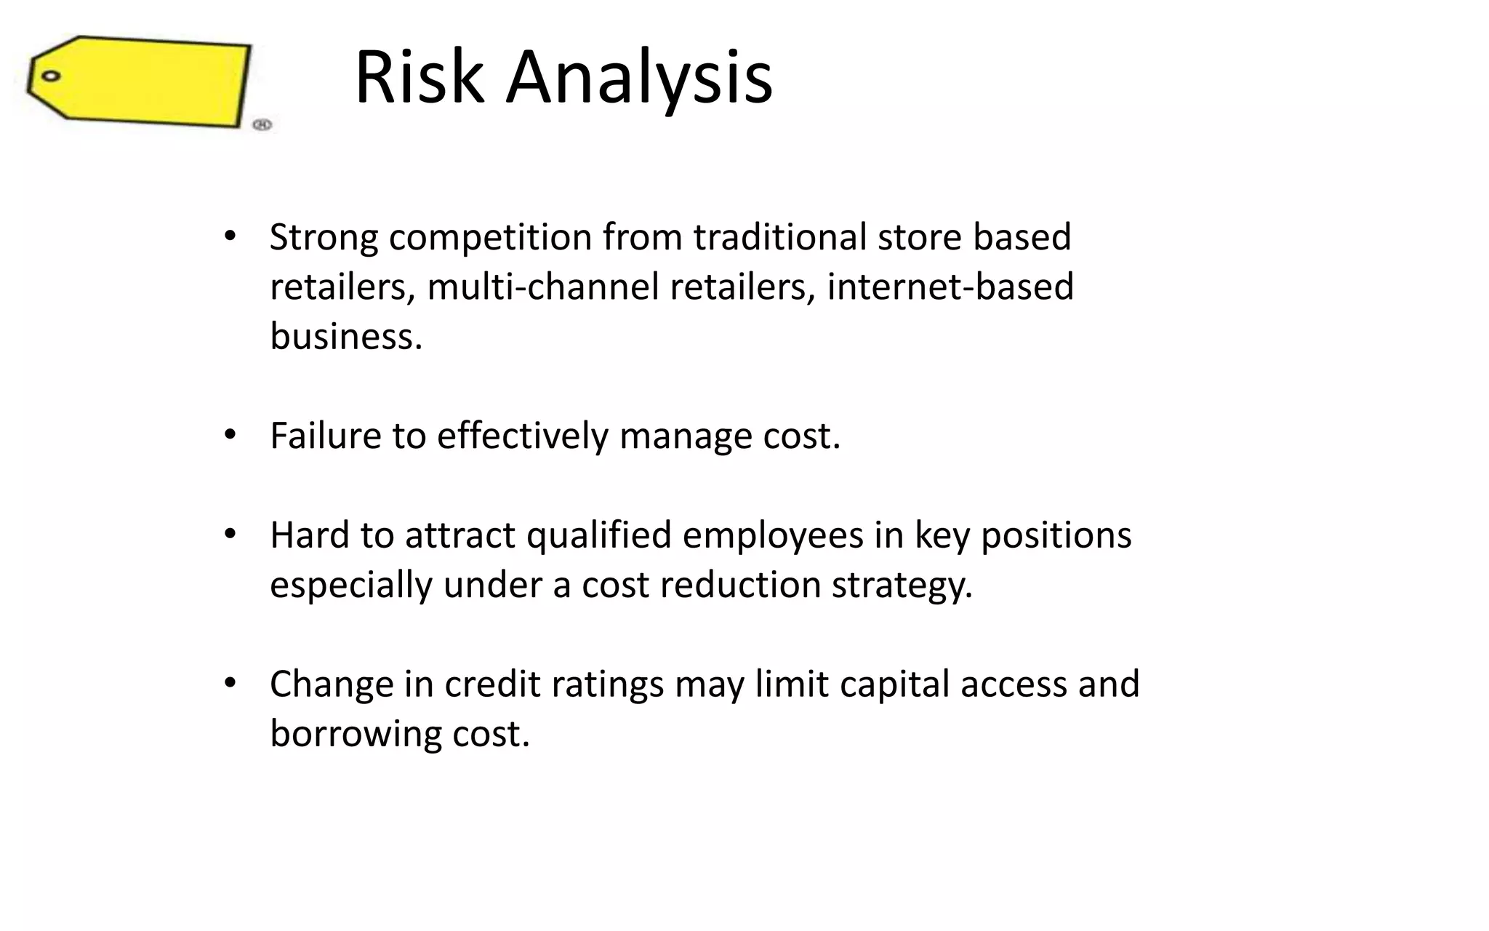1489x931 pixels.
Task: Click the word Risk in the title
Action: click(x=419, y=77)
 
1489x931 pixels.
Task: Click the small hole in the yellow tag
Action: click(x=50, y=76)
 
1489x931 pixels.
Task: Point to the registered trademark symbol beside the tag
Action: click(x=262, y=124)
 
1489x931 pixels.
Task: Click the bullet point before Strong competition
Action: click(x=230, y=236)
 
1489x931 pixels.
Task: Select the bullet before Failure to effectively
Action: click(x=230, y=434)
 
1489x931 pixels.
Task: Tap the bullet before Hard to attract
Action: click(x=230, y=534)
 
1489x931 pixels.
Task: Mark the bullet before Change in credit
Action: click(x=230, y=683)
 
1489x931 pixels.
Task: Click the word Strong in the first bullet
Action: click(x=324, y=237)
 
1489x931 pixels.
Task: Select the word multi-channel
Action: click(x=542, y=287)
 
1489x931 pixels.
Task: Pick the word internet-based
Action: click(x=950, y=287)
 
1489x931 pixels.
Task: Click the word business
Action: click(x=345, y=336)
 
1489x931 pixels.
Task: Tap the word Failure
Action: click(x=325, y=436)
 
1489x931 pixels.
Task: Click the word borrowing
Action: click(x=355, y=734)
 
